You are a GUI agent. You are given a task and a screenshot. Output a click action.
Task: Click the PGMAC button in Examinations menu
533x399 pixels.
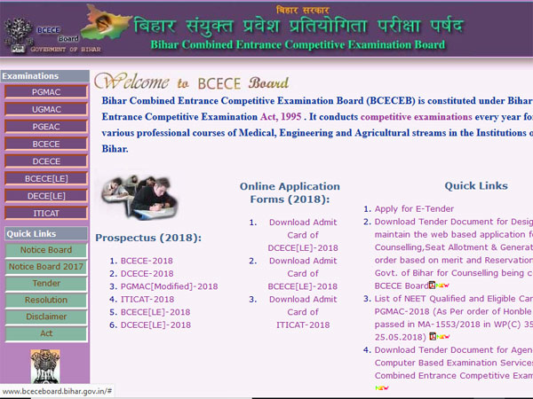(x=45, y=91)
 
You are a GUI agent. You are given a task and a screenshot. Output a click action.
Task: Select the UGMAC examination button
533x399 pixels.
(x=45, y=108)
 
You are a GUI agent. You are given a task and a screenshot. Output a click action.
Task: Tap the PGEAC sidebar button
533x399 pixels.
(x=45, y=126)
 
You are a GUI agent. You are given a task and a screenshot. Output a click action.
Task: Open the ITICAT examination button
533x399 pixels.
(x=45, y=213)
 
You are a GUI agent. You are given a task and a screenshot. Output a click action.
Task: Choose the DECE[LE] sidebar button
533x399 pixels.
(x=45, y=195)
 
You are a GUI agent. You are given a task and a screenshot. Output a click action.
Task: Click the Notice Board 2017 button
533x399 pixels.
(x=45, y=267)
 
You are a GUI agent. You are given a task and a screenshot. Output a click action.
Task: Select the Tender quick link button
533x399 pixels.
(x=45, y=283)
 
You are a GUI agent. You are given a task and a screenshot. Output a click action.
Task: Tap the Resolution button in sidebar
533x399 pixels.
(x=45, y=300)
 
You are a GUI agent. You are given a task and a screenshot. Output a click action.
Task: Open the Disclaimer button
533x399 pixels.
(x=45, y=317)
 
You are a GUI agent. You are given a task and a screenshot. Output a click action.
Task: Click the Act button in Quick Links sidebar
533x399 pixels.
(x=45, y=333)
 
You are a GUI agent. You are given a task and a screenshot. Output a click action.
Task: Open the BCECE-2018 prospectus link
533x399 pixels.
(x=147, y=261)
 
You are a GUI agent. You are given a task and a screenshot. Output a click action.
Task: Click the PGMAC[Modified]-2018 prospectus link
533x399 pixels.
(x=169, y=286)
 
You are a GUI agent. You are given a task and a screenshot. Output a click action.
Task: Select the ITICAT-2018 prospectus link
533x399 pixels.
(x=147, y=300)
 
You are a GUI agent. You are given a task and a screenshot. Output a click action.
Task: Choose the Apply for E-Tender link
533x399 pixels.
(x=416, y=208)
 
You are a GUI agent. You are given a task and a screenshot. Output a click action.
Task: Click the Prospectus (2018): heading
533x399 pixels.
(x=148, y=238)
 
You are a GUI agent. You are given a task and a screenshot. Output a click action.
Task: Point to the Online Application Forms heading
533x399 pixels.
(x=290, y=193)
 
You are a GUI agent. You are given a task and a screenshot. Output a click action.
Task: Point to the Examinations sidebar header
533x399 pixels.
(x=31, y=76)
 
